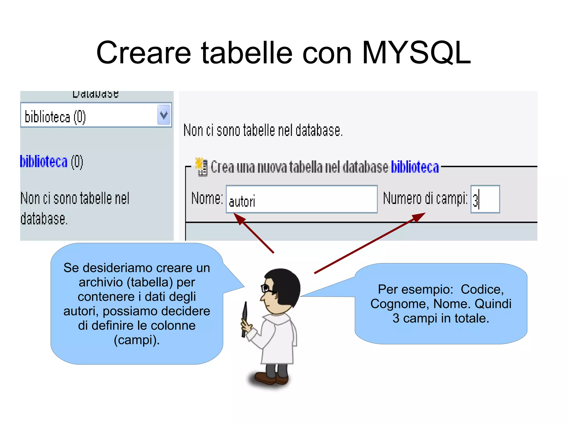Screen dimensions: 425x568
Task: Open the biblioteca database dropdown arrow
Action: click(164, 115)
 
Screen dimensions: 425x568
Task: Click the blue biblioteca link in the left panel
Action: click(44, 162)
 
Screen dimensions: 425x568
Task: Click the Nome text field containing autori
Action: click(301, 199)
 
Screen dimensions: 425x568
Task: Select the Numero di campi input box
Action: click(485, 199)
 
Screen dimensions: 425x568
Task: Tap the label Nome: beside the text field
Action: click(207, 198)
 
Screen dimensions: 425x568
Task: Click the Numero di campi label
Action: click(425, 198)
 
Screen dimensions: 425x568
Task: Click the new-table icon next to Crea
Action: click(202, 167)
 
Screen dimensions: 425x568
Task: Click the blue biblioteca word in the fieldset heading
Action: click(415, 167)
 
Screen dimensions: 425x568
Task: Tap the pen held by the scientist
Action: click(244, 318)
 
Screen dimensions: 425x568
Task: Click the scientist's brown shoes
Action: click(272, 378)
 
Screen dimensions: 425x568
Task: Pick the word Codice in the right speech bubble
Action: click(482, 289)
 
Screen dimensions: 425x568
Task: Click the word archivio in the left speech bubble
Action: click(101, 282)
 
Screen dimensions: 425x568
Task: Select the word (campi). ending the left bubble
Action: click(137, 340)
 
